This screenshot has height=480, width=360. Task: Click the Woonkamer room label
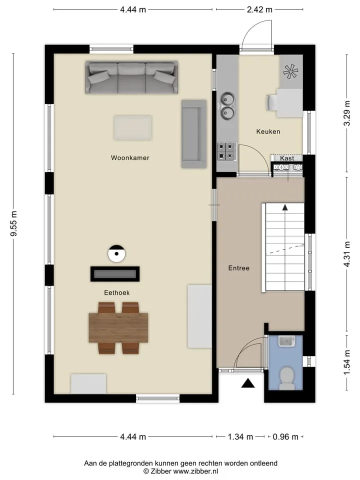130,158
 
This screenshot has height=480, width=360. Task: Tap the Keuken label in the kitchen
268,131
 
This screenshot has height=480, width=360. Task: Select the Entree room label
239,268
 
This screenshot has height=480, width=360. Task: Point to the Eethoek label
116,293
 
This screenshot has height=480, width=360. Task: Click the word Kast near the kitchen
287,158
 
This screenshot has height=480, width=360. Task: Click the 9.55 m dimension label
14,224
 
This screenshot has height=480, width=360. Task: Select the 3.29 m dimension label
347,113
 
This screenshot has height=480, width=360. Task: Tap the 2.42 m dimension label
259,9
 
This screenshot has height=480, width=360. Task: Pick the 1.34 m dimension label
240,437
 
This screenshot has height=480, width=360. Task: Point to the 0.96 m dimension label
285,437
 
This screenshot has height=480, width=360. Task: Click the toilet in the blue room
287,378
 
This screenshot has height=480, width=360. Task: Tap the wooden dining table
118,327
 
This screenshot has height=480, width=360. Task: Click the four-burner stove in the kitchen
227,151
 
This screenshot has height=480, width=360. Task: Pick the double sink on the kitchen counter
227,105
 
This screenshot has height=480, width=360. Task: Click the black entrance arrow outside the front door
248,383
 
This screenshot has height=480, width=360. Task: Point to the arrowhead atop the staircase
285,207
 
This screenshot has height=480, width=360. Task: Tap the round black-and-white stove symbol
116,253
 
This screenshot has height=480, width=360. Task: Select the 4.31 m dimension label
347,254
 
